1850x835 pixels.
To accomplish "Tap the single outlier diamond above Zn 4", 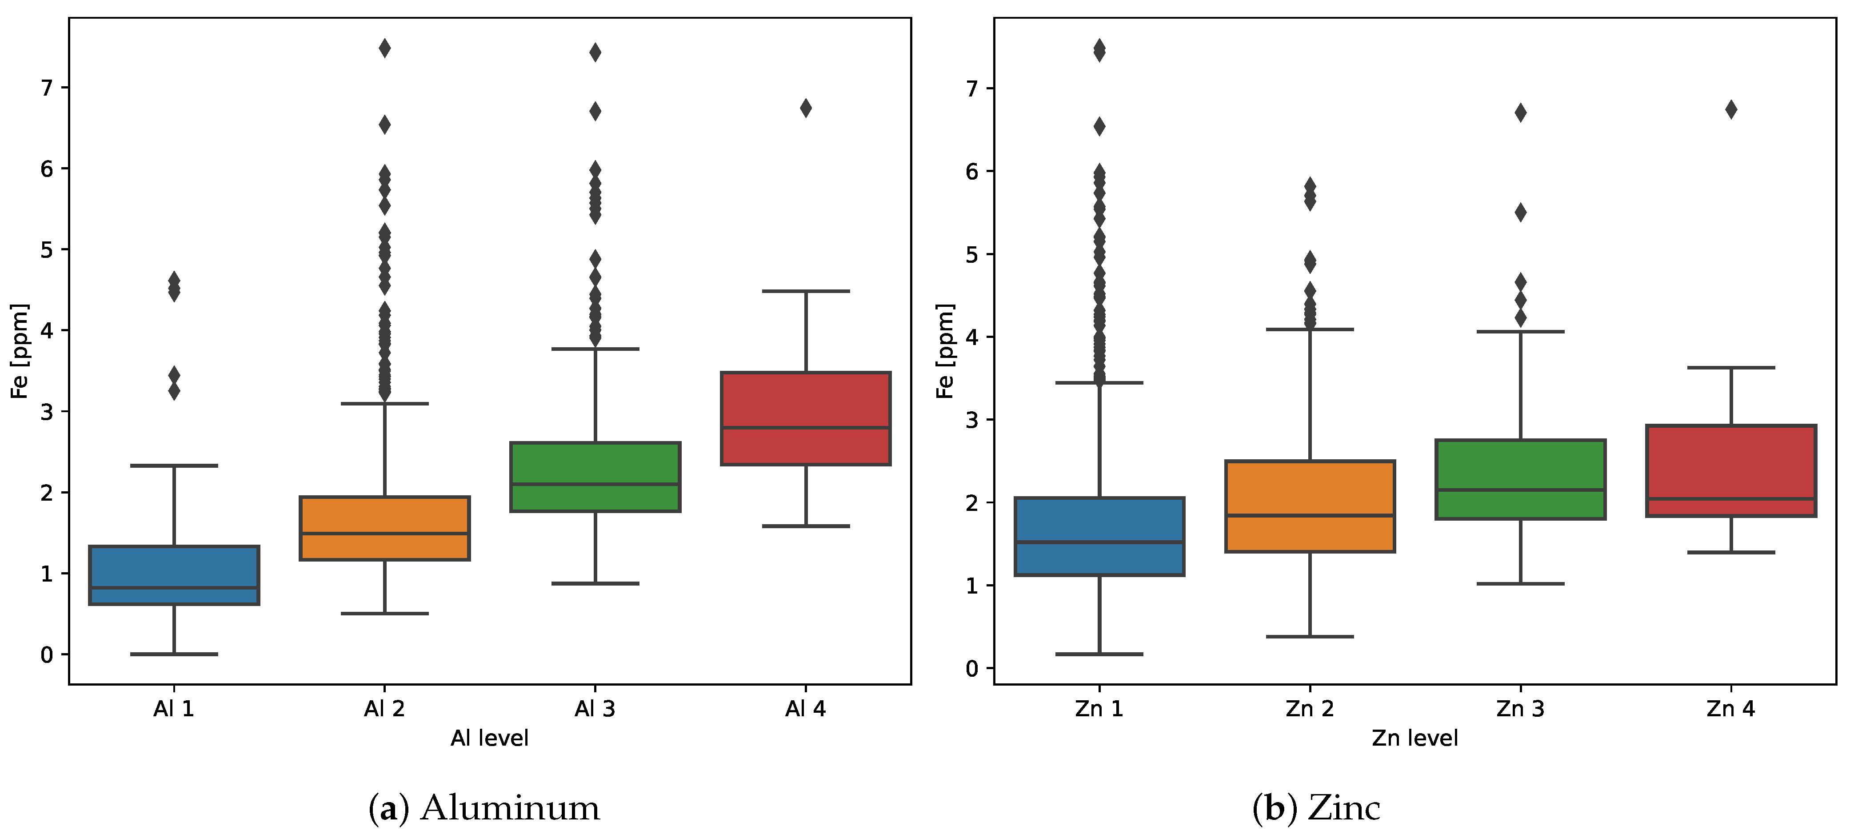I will (1731, 110).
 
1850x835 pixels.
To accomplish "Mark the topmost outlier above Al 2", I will (385, 48).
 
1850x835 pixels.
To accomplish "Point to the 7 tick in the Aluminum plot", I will (47, 88).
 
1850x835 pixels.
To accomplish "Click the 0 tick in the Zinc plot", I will (972, 669).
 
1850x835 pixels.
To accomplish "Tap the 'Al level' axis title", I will (489, 738).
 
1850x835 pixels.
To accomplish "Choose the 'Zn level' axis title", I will (1415, 738).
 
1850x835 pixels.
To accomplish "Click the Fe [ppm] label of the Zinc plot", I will (945, 351).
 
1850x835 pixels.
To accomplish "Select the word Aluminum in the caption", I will (510, 808).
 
